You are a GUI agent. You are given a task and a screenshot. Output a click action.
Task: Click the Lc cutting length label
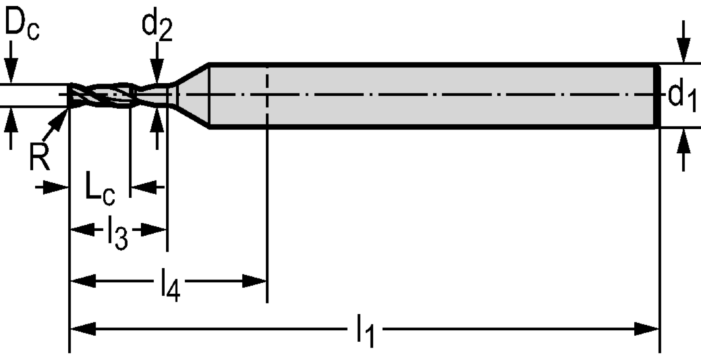click(100, 189)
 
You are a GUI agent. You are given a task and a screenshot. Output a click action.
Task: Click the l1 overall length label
click(365, 333)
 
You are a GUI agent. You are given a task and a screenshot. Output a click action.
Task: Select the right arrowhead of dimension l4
click(256, 280)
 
